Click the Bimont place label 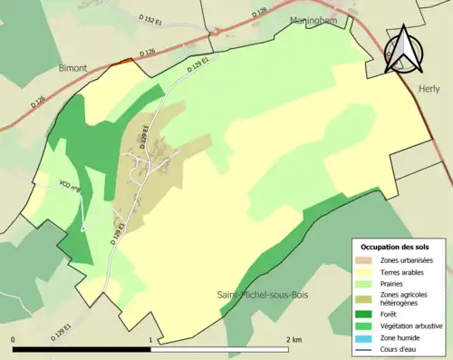(72, 67)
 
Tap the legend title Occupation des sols (395, 247)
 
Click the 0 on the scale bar (14, 339)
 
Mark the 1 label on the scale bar (150, 339)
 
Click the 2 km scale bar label (294, 339)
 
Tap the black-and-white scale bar (150, 349)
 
